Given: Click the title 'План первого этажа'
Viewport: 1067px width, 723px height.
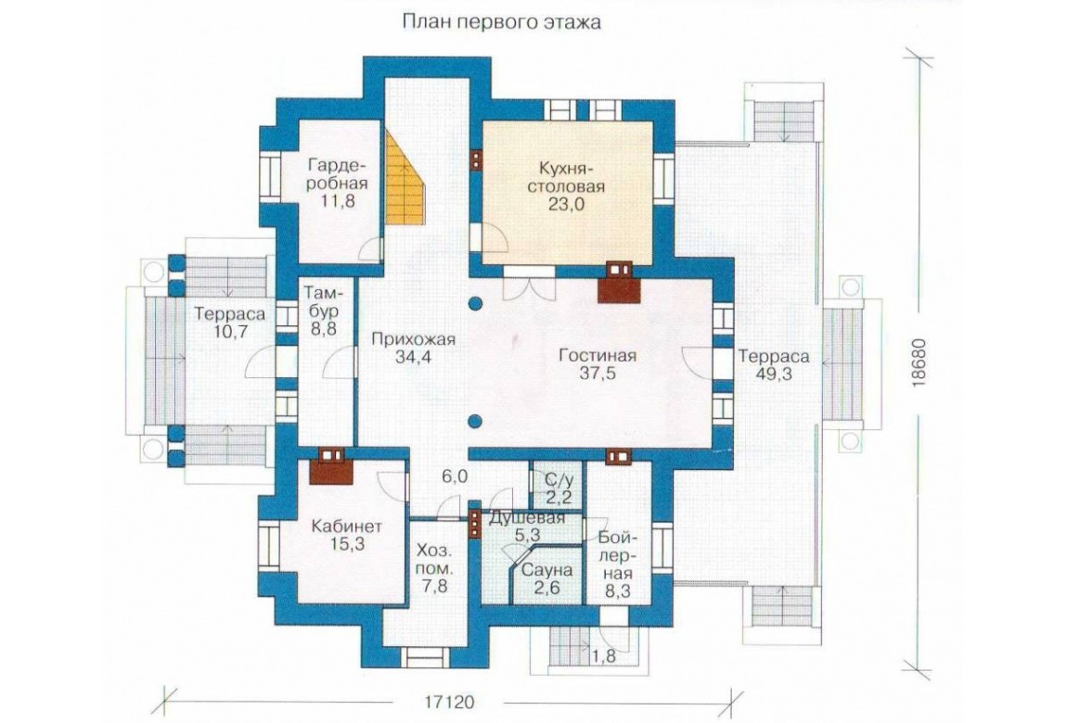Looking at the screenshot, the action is (x=502, y=22).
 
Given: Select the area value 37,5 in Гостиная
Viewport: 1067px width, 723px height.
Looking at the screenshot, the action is (x=598, y=373).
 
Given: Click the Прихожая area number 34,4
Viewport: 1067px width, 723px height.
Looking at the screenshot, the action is (x=413, y=358).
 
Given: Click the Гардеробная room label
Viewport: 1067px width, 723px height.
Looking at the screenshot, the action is (x=338, y=174).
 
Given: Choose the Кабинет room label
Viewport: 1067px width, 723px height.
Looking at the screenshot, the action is (x=346, y=526).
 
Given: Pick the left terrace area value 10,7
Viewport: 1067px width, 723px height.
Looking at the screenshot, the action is (x=230, y=332).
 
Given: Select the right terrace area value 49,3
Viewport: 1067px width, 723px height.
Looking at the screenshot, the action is (x=774, y=374).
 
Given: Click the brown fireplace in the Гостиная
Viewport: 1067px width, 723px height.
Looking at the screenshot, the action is (x=619, y=282).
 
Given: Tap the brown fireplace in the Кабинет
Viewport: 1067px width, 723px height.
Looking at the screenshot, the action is (x=330, y=465).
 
